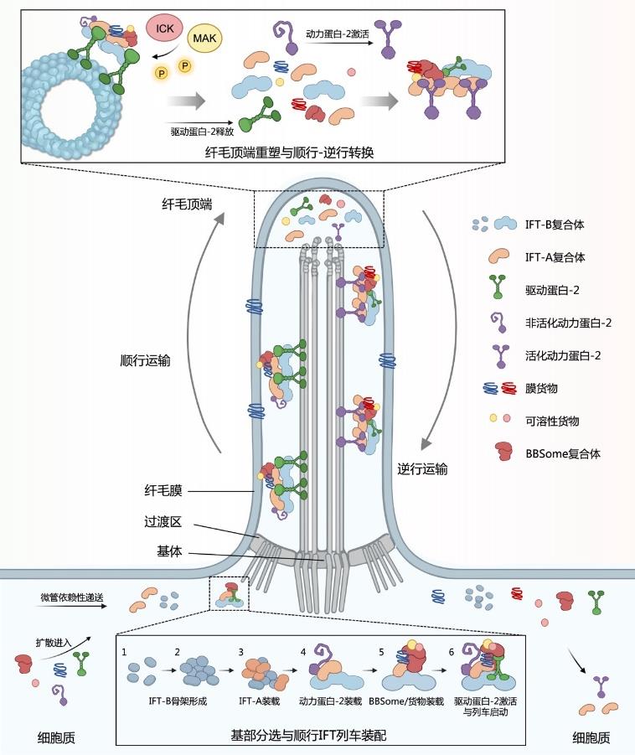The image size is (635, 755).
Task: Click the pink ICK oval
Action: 165,28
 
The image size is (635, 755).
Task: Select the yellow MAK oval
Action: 204,38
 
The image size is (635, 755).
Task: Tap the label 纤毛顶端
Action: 187,204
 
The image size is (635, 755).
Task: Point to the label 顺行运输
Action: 145,360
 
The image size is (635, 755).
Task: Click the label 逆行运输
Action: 422,468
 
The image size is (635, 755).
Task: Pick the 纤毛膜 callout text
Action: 163,491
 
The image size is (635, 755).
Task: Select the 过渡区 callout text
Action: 163,521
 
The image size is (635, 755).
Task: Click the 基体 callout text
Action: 169,551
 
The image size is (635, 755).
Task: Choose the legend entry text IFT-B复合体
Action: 555,225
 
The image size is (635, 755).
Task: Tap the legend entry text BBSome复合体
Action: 563,453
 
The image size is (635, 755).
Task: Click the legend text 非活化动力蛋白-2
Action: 568,323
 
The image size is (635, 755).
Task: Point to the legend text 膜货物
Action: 541,388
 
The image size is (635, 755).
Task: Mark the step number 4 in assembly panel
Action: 303,652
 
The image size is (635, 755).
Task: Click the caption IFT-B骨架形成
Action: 178,701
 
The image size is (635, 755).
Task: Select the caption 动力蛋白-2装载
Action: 330,701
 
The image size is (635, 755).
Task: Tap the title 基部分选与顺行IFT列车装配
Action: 308,735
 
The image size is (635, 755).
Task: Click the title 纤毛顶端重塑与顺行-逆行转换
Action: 289,153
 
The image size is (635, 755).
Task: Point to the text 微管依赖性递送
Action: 72,597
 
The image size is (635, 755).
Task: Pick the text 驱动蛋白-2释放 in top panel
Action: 202,131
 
